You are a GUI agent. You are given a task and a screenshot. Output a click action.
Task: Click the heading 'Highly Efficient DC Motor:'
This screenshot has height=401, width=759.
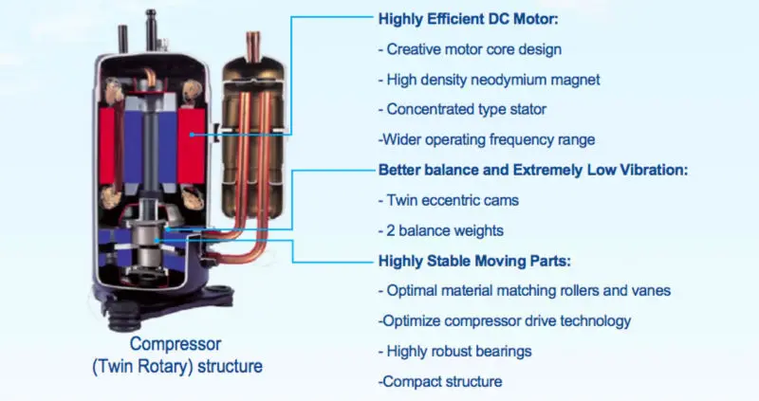click(468, 19)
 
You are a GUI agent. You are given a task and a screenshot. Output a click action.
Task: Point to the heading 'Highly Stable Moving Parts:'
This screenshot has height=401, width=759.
click(474, 262)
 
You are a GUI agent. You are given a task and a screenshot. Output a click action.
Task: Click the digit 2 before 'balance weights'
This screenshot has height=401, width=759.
click(391, 230)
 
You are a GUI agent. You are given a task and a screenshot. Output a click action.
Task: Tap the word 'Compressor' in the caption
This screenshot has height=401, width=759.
click(176, 344)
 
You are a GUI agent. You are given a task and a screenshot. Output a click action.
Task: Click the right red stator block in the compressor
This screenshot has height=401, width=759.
click(191, 146)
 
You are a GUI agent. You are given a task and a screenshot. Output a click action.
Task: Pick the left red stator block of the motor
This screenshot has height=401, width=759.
click(107, 146)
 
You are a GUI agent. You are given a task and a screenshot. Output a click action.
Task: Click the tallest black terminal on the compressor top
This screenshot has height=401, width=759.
click(151, 29)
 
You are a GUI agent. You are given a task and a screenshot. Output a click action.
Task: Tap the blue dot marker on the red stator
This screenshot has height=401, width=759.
click(193, 135)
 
